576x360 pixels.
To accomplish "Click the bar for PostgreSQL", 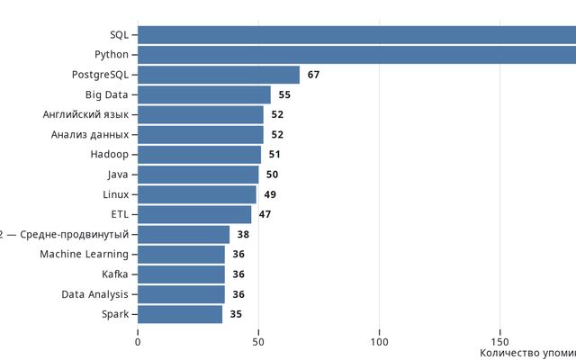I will click(219, 75).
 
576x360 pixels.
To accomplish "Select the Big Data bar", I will click(204, 94).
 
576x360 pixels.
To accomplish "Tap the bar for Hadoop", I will click(199, 155).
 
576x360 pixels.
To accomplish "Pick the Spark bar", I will click(180, 314).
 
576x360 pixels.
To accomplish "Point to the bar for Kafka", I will click(181, 274).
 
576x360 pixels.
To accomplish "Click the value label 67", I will click(313, 75).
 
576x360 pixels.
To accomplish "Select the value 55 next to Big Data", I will click(284, 94).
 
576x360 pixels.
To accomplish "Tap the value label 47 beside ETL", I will click(265, 214).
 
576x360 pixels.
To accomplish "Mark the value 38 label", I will click(243, 235).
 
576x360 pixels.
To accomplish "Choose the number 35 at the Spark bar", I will click(236, 314).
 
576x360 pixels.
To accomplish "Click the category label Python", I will click(112, 55).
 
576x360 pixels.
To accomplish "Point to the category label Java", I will click(118, 175).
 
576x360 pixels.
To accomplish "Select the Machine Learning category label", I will click(84, 255).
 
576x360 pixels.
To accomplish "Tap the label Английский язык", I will click(85, 115).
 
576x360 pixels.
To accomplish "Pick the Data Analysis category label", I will click(95, 294).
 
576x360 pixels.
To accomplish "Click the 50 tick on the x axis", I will click(258, 342).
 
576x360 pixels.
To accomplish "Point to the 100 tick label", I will click(379, 342).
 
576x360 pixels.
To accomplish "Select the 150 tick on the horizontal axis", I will click(499, 342).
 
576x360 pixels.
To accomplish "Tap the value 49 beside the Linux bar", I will click(270, 194).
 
